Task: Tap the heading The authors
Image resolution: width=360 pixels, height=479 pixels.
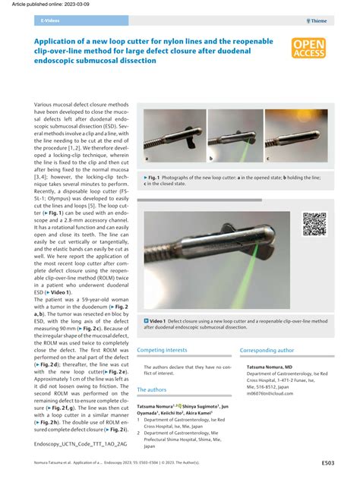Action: pyautogui.click(x=151, y=389)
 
